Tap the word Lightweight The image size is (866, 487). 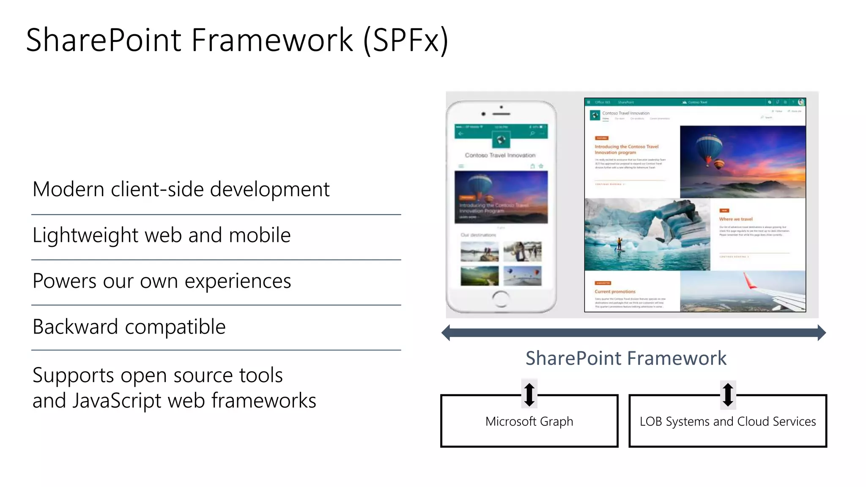pos(85,235)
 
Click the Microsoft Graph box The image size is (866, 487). pos(529,421)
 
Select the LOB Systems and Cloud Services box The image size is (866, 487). pos(727,421)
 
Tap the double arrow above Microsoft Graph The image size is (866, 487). pos(529,394)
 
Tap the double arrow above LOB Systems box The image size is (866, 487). pos(728,394)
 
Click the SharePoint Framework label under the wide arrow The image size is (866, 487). pos(626,358)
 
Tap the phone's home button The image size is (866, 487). pos(501,299)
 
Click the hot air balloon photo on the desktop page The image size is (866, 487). pos(743,161)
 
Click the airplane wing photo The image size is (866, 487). pos(743,291)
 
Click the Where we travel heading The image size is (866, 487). pos(736,219)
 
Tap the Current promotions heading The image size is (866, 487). pos(615,292)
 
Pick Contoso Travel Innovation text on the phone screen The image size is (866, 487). pos(500,155)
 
